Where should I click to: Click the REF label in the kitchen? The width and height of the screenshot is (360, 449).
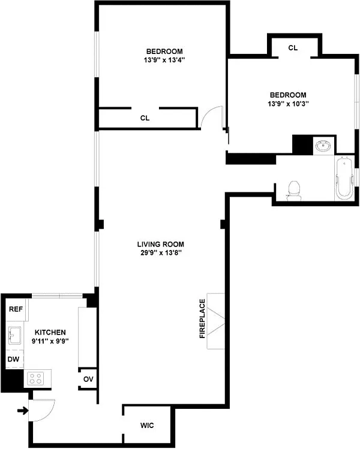pos(16,309)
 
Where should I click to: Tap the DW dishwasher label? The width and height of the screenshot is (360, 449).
pos(13,359)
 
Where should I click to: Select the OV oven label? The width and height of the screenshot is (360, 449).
pos(88,379)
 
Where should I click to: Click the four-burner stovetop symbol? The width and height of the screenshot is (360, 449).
pos(35,378)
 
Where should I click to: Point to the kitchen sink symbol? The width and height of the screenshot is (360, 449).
pos(15,336)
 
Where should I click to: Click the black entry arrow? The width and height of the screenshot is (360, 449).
pos(23,411)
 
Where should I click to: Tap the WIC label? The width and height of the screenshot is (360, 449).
pos(147,426)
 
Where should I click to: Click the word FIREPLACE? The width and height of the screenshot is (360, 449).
pos(202,319)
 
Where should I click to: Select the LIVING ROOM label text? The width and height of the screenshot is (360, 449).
pos(161,244)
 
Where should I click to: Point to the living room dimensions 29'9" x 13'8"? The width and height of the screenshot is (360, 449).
pos(161,253)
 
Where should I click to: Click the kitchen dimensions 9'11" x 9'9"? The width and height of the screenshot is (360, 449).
pos(50,341)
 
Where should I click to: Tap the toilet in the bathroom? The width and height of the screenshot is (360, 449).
pos(294,191)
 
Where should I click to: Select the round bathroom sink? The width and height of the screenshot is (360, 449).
pos(323,146)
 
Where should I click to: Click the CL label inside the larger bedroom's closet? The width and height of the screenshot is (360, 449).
pos(145,118)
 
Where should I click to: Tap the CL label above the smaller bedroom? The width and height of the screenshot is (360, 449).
pos(293,48)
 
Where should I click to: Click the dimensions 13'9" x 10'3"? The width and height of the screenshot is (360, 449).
pos(288,104)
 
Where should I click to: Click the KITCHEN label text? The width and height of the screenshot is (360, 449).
pos(50,333)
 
